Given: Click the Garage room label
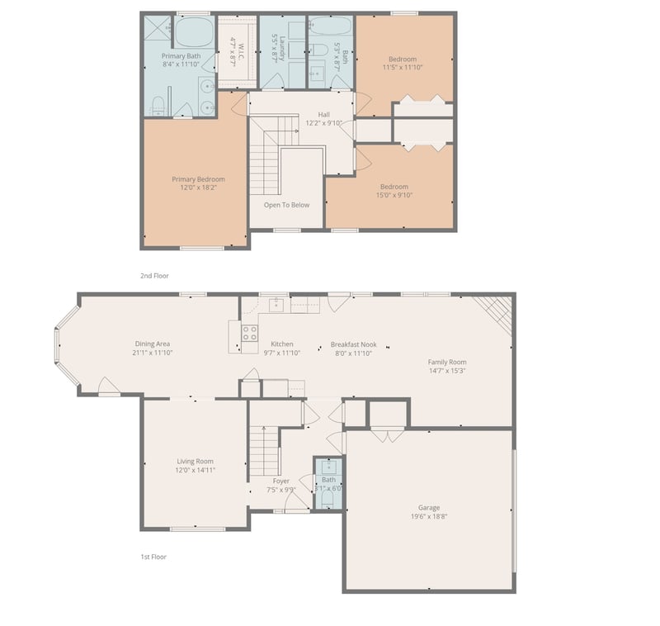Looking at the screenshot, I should point(428,507).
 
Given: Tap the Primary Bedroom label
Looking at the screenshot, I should point(198,179).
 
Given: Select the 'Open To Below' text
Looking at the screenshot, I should point(286,205).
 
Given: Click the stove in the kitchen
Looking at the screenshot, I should point(249,334).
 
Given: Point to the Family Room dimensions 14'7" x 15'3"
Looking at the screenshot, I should point(446,371).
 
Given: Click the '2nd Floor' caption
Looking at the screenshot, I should point(153,276).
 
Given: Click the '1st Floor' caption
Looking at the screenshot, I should point(153,557).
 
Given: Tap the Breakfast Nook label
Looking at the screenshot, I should point(351,344).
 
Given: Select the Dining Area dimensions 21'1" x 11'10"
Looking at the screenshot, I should point(153,353).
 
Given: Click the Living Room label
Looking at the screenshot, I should point(195,461).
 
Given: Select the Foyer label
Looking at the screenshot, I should point(281,480).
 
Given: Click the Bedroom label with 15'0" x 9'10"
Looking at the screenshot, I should point(395,186).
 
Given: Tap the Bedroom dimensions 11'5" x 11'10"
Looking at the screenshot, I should point(403,68).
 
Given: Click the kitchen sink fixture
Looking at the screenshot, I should point(277,305).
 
